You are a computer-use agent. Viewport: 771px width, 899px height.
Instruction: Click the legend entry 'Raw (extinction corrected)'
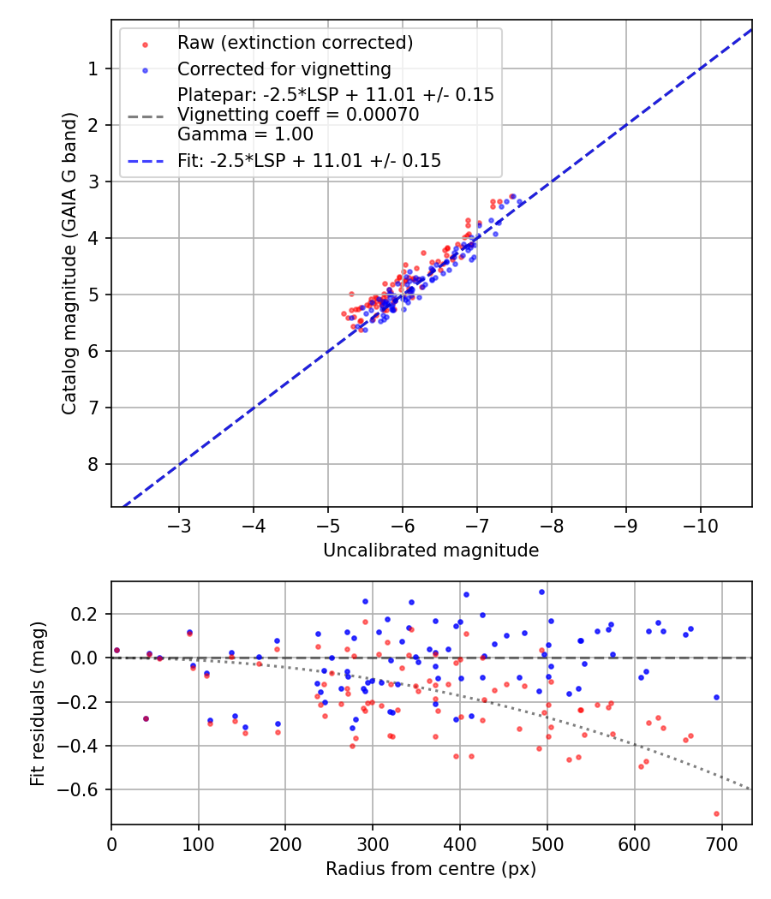(x=295, y=43)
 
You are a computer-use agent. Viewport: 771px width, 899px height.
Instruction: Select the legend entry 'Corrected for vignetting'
(x=284, y=69)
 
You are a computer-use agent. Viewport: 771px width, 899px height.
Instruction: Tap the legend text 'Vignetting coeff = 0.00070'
(x=298, y=115)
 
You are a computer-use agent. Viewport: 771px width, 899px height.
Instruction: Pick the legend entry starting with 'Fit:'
(x=309, y=161)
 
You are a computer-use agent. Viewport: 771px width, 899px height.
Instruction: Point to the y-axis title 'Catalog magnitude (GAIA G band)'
(x=70, y=263)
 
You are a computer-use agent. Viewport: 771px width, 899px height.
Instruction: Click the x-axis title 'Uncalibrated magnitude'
(x=431, y=551)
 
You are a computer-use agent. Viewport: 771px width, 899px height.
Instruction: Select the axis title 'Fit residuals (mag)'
(x=37, y=704)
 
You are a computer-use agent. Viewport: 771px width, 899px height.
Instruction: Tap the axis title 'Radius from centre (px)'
(x=431, y=869)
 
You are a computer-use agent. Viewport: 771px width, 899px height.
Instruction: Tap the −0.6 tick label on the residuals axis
(x=84, y=789)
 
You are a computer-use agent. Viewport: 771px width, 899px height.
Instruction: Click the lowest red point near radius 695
(x=716, y=813)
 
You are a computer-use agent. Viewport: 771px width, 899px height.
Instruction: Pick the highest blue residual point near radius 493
(x=541, y=592)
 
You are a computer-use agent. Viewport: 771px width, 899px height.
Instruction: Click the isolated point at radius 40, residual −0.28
(x=146, y=718)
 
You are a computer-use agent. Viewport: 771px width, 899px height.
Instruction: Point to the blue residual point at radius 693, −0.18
(x=716, y=697)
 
